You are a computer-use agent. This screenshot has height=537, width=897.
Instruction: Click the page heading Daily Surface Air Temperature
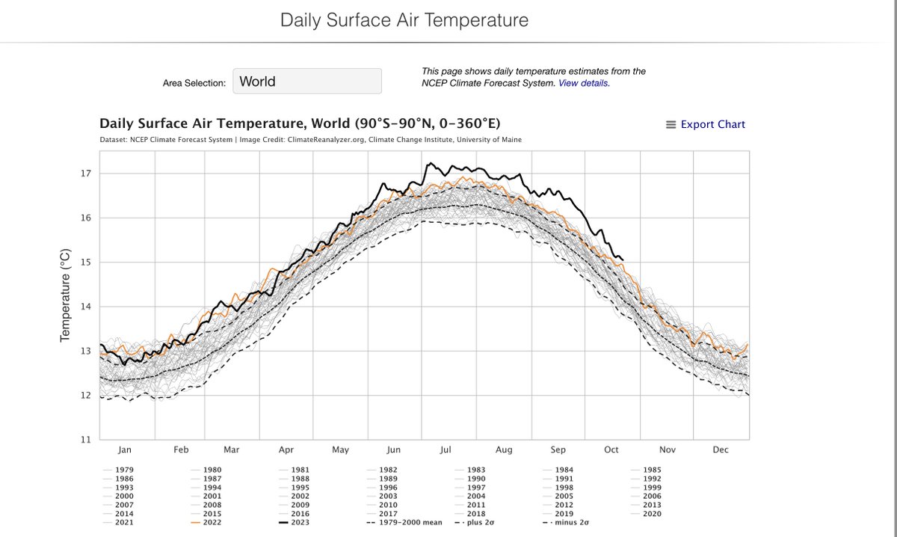(x=404, y=20)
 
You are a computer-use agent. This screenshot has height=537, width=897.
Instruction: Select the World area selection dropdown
(x=307, y=82)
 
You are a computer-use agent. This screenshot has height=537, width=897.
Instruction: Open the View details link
(x=584, y=83)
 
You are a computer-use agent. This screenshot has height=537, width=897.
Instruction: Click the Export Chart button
(x=706, y=124)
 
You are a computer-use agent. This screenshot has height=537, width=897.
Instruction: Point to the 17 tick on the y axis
(x=85, y=174)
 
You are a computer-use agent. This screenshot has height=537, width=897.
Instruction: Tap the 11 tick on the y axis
(x=85, y=440)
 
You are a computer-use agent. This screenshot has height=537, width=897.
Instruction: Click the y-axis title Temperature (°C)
(x=65, y=295)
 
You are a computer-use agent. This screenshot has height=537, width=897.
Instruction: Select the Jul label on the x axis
(x=446, y=449)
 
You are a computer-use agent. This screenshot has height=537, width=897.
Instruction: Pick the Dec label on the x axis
(x=721, y=449)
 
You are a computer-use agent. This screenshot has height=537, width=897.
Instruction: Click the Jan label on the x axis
(x=125, y=449)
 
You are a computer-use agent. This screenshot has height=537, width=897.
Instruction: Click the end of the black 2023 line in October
(x=623, y=260)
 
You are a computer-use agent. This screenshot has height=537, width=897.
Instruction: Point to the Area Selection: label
(x=194, y=83)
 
